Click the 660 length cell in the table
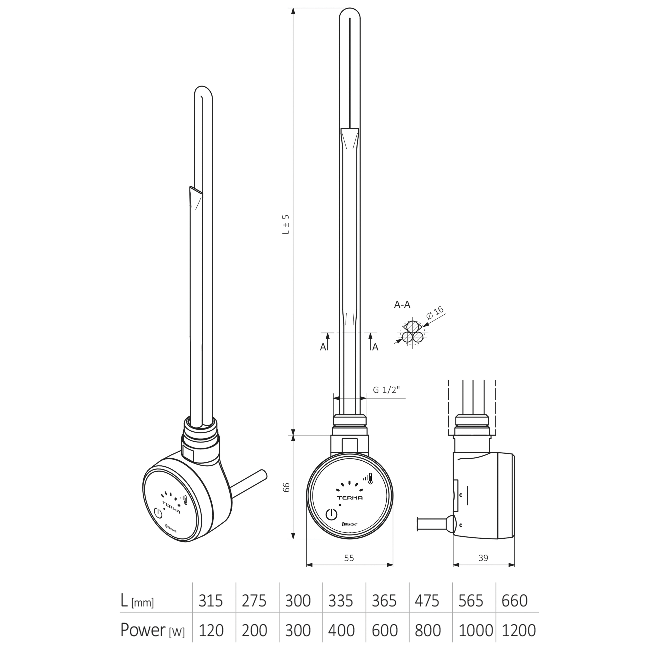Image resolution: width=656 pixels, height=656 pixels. [514, 601]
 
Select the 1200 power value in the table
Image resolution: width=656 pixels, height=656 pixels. [518, 630]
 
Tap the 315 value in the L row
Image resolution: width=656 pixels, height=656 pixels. [211, 601]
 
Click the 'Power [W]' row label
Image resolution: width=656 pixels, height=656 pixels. [152, 630]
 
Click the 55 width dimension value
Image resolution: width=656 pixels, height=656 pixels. [349, 558]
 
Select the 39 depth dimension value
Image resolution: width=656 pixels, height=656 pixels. [483, 558]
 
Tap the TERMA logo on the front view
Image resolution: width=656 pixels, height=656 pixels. [350, 498]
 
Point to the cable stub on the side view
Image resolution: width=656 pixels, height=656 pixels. [431, 523]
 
